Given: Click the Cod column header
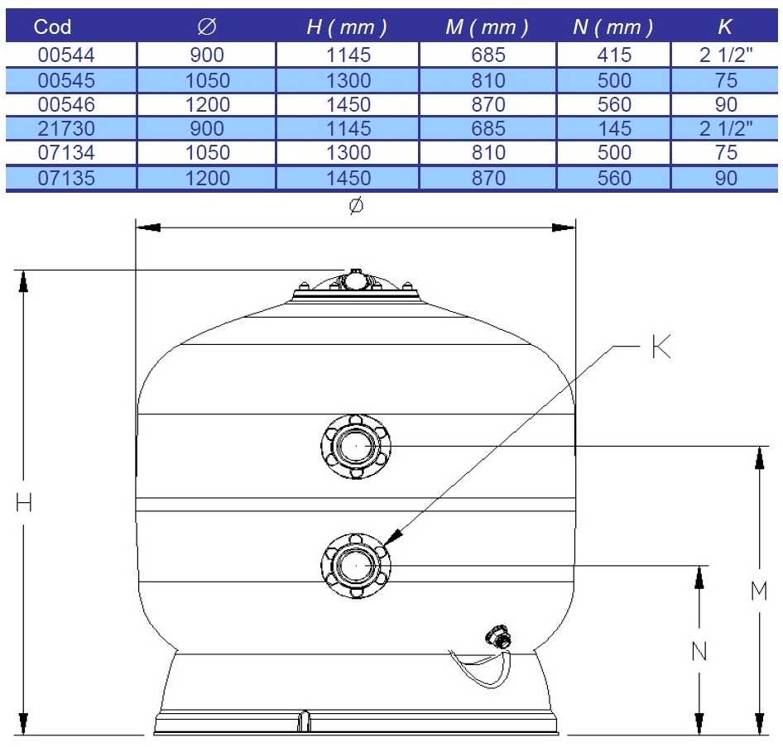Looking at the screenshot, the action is click(52, 26).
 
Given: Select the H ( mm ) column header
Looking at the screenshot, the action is click(347, 27).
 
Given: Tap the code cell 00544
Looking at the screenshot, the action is click(66, 55).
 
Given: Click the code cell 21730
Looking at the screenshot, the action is click(66, 129).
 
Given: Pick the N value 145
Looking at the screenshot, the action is click(615, 129).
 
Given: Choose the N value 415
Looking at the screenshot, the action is click(614, 55).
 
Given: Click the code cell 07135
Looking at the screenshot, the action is click(66, 178).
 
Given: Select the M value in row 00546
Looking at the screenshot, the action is click(488, 105).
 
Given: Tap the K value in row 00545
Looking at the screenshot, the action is click(726, 81).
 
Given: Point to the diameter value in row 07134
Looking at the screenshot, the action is click(207, 153).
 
